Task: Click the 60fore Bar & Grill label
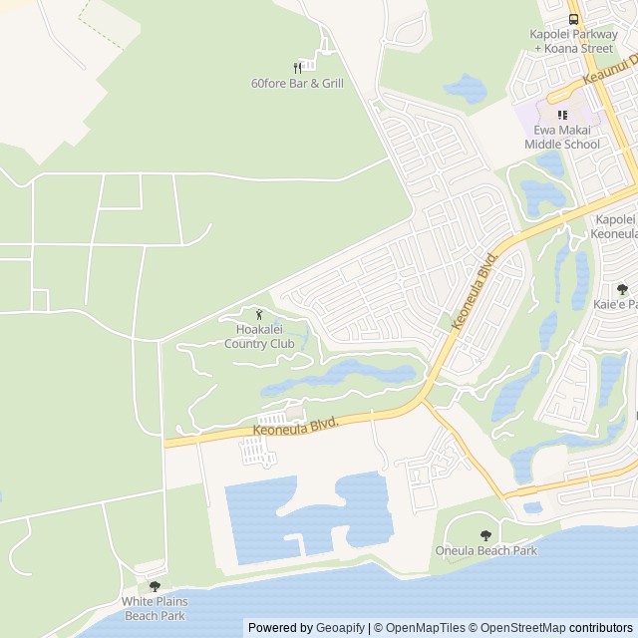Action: coord(297,84)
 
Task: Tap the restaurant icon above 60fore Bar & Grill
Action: coord(297,67)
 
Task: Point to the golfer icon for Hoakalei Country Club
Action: coord(259,315)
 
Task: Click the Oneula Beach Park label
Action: coord(485,550)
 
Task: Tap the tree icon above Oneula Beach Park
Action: coord(485,535)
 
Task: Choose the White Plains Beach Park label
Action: coord(155,608)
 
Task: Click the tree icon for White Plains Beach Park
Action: coord(155,586)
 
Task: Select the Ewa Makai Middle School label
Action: coord(562,138)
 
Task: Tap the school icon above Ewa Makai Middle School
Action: coord(562,116)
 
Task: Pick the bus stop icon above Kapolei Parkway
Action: coord(572,19)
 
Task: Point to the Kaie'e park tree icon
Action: coord(622,289)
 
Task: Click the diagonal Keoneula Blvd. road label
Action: coord(474,290)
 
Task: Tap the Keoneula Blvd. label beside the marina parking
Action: coord(296,426)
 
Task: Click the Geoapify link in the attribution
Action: coord(340,628)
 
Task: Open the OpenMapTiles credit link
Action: coord(420,628)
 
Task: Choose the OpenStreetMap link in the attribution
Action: coord(520,628)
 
